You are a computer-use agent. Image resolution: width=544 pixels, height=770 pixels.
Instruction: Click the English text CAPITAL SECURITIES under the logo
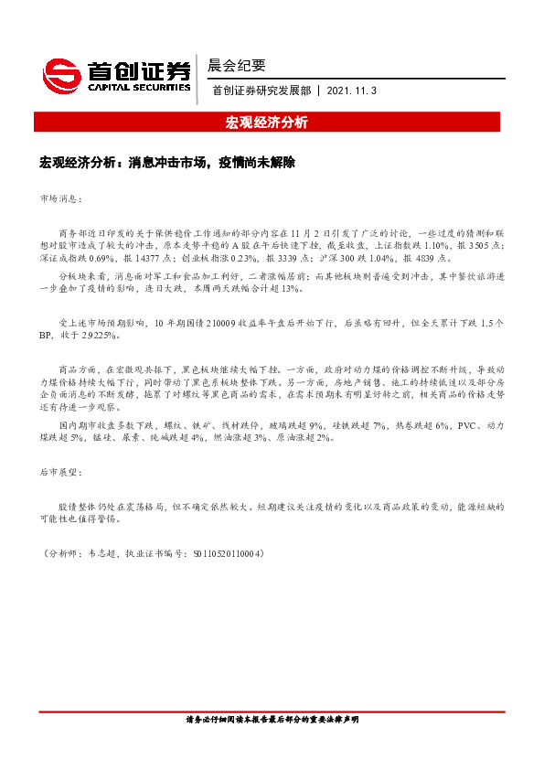138,88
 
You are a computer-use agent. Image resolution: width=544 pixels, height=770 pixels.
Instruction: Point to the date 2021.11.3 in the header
351,91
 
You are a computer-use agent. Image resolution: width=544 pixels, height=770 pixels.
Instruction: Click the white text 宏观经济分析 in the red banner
272,122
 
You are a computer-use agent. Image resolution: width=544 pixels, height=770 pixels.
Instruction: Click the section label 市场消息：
60,198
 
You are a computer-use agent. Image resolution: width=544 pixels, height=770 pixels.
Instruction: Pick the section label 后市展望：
60,473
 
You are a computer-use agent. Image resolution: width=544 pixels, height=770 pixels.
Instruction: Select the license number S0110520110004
224,554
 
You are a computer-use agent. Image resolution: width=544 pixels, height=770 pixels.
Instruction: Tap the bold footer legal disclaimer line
272,721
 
